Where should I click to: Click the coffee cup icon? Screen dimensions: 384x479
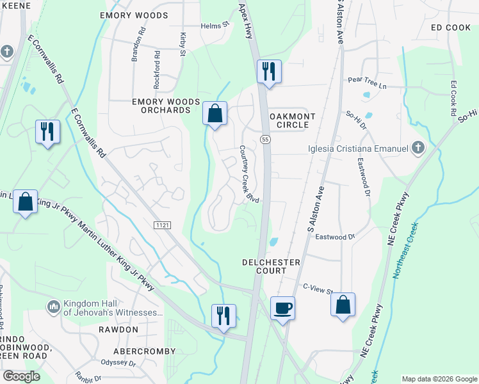tap(282, 308)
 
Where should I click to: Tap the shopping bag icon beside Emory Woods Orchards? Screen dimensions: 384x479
tap(216, 113)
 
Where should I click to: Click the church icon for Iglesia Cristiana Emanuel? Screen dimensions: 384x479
tap(418, 148)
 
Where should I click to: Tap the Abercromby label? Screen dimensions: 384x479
tap(144, 351)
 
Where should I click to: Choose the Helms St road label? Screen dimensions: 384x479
tap(215, 25)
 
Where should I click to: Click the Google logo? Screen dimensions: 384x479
tap(21, 376)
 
